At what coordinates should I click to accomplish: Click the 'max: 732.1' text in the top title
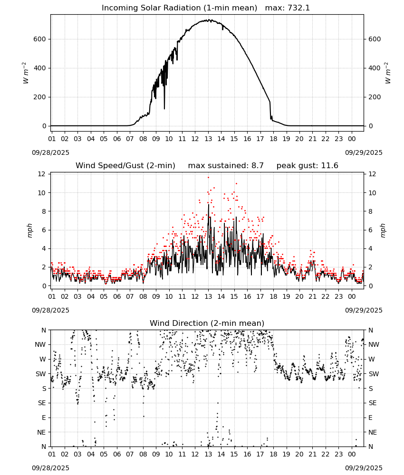coord(288,8)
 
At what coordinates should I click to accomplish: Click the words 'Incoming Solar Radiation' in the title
coord(151,8)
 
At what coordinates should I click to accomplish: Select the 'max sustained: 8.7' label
coord(226,166)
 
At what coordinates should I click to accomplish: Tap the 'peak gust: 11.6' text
coord(308,166)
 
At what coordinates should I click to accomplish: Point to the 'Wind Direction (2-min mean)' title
coord(207,323)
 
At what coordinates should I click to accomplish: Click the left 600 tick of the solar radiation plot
coord(40,39)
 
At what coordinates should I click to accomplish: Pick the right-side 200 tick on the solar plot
coord(375,97)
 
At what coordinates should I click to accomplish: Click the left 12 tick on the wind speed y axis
coord(41,174)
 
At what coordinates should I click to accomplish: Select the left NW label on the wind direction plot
coord(40,345)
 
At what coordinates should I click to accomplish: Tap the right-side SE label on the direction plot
coord(373,403)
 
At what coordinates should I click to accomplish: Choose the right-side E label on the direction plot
coord(370,418)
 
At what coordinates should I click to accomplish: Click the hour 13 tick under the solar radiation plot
coord(208,139)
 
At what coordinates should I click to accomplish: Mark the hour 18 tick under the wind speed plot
coord(273,296)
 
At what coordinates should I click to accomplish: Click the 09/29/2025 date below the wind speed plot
coord(364,311)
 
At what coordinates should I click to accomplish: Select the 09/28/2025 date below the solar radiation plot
coord(50,152)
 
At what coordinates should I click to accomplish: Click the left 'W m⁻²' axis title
coord(26,73)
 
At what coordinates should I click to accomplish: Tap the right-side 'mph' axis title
coord(383,230)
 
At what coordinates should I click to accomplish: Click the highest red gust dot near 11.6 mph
coord(208,178)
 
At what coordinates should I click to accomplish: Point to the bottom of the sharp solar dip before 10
coord(164,108)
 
